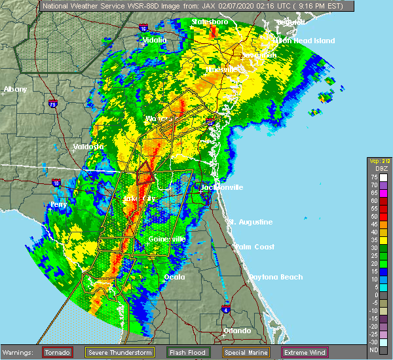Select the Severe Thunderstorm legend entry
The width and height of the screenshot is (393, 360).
coord(122,352)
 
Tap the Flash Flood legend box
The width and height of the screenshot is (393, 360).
coord(188,352)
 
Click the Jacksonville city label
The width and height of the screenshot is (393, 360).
coord(222,187)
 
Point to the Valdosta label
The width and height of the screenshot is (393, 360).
coord(88,147)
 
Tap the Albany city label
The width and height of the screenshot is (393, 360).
coord(15,89)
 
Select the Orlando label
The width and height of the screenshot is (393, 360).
coord(237,331)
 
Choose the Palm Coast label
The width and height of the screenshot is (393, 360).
coord(253,246)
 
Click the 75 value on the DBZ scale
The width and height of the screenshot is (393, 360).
coord(373,177)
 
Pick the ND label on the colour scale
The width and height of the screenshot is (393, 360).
coord(373,350)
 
